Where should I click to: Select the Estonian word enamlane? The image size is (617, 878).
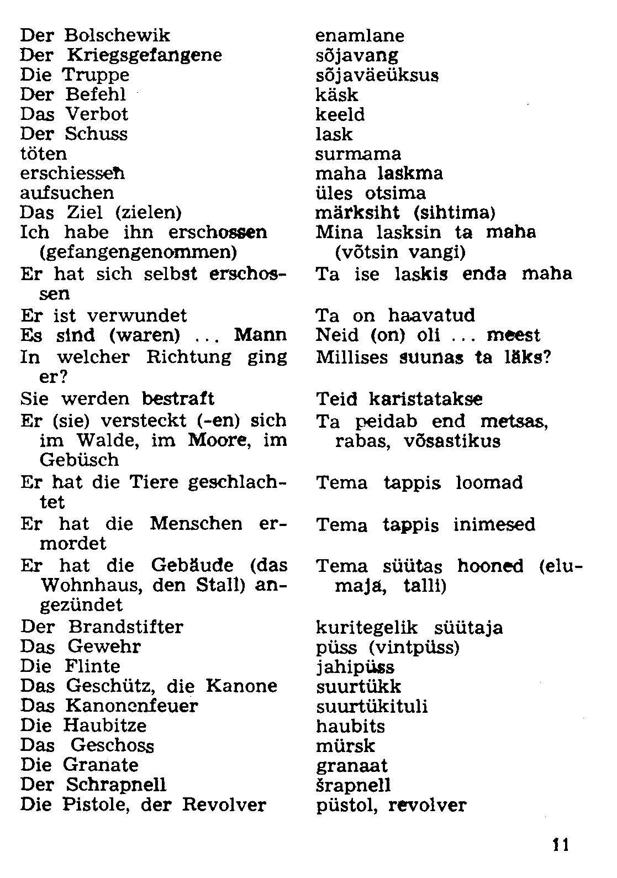pyautogui.click(x=360, y=36)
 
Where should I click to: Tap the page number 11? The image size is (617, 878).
pyautogui.click(x=560, y=845)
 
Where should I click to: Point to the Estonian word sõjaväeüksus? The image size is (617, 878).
pyautogui.click(x=377, y=75)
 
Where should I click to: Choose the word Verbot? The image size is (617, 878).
pyautogui.click(x=97, y=114)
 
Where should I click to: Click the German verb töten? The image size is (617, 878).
pyautogui.click(x=43, y=154)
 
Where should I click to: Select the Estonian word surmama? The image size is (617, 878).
pyautogui.click(x=358, y=154)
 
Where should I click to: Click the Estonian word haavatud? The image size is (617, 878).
pyautogui.click(x=431, y=316)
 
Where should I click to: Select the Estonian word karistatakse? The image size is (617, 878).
pyautogui.click(x=426, y=399)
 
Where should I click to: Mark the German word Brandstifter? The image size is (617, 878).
pyautogui.click(x=125, y=627)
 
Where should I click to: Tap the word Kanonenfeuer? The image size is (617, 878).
pyautogui.click(x=131, y=706)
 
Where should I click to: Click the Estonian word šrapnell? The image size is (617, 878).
pyautogui.click(x=354, y=785)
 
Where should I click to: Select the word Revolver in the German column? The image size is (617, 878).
pyautogui.click(x=224, y=805)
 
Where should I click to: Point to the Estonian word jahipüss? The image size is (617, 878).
pyautogui.click(x=355, y=667)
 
